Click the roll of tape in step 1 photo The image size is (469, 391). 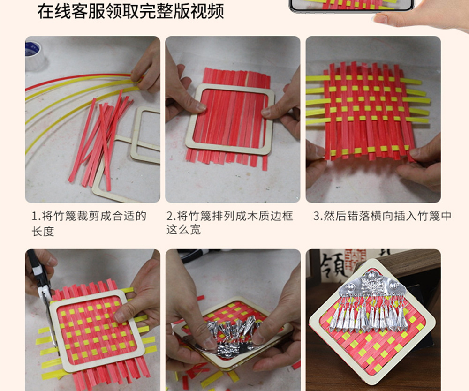34,55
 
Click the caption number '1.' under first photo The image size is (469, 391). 36,216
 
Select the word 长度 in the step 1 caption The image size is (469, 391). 43,231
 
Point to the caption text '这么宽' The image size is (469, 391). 184,230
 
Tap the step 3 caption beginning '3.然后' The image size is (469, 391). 382,216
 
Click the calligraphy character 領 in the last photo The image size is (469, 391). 333,268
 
